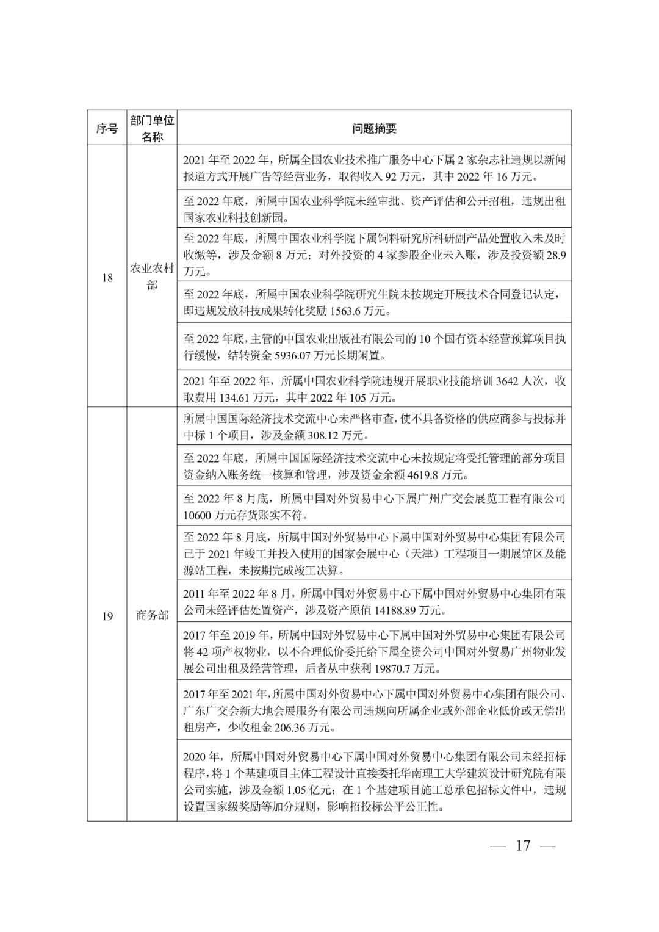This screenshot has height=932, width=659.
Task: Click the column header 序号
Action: coord(107,128)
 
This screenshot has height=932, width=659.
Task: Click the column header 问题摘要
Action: coord(374,128)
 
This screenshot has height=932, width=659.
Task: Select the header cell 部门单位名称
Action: coord(152,128)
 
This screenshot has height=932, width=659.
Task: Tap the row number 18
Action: coord(107,278)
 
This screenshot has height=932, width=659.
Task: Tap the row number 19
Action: coord(107,616)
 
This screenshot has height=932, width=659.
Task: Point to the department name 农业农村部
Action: coord(152,277)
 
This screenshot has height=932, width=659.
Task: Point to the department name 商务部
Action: coord(152,616)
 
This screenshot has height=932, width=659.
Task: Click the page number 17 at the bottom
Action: coord(523,845)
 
